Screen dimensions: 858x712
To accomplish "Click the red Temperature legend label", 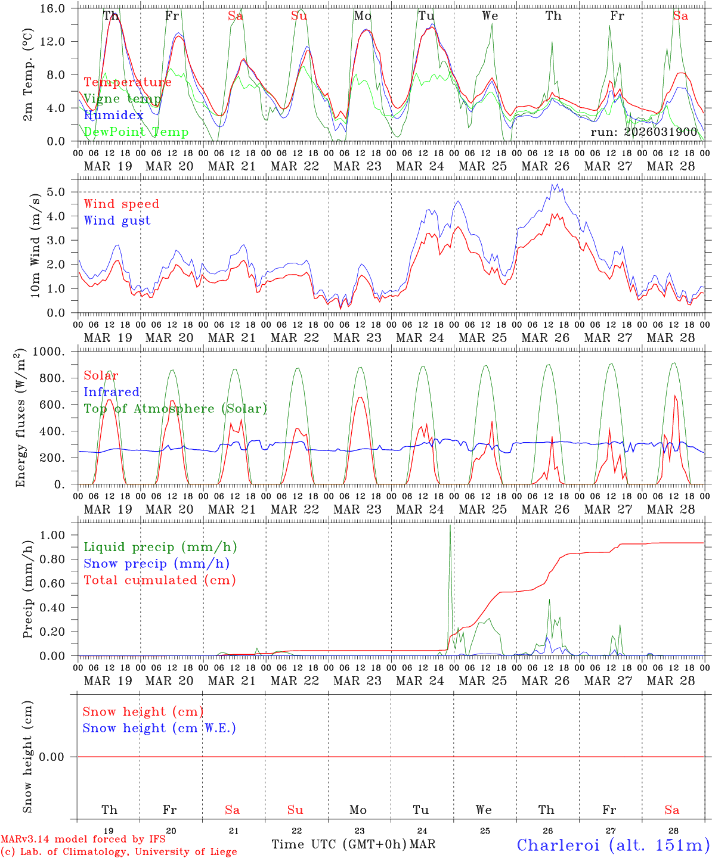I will [127, 82].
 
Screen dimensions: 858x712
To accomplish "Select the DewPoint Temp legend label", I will [136, 132].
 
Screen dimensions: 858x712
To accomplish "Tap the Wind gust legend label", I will [117, 220].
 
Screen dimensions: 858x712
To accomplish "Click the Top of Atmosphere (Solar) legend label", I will [175, 409].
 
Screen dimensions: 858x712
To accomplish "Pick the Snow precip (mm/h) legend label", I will [156, 564].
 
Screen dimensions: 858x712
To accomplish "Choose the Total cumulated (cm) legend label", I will [159, 580].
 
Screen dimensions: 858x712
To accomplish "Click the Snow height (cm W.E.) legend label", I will [159, 728].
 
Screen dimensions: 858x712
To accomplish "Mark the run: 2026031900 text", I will [643, 132].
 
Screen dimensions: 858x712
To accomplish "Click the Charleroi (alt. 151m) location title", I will [613, 845].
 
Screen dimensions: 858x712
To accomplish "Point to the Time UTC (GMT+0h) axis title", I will [339, 844].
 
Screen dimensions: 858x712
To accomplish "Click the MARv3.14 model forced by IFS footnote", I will [83, 839].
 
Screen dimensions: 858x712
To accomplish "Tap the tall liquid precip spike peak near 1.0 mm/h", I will [450, 526].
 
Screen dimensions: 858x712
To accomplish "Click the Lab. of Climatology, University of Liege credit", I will [119, 851].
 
